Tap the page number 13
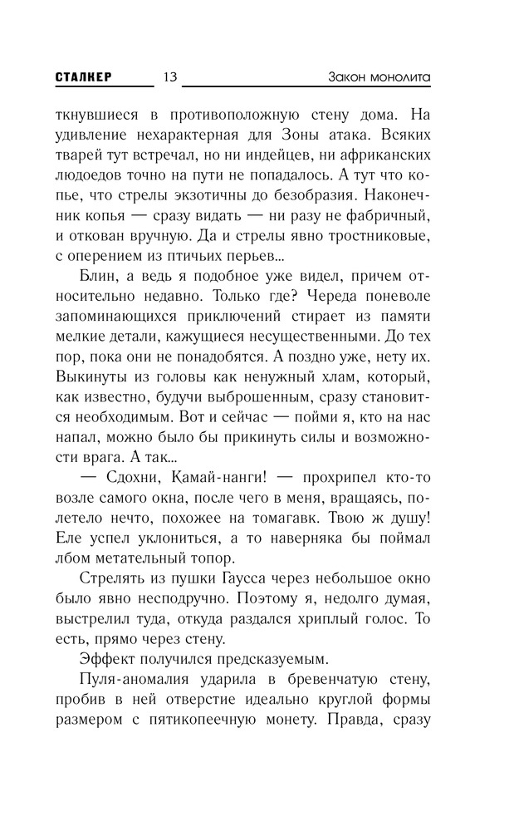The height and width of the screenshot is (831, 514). [x=170, y=77]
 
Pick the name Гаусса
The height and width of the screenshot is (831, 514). [x=218, y=580]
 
